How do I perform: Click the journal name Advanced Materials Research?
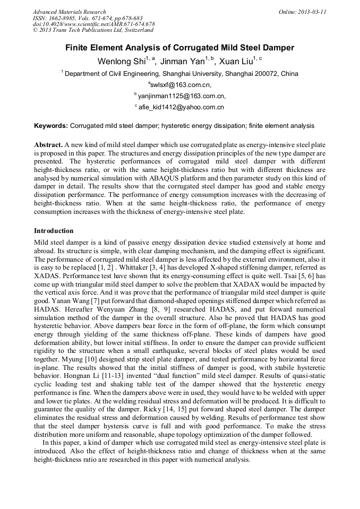click(69, 12)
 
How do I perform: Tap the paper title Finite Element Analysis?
click(179, 48)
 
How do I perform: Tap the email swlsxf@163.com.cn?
click(181, 85)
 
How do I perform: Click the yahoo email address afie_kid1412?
click(181, 107)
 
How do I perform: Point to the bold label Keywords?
click(51, 126)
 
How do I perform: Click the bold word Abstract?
click(48, 145)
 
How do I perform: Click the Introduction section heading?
click(54, 231)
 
